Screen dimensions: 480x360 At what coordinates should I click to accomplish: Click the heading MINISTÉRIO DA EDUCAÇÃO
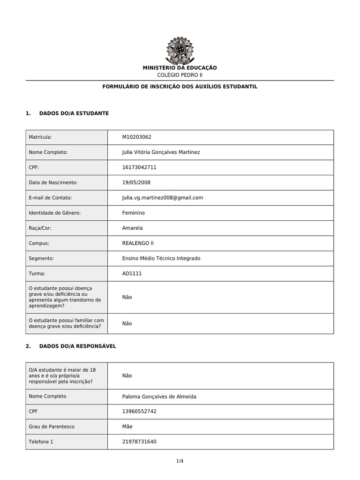point(180,68)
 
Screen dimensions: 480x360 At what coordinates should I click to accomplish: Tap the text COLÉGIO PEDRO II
point(180,75)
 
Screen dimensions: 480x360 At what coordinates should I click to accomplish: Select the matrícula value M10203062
point(136,137)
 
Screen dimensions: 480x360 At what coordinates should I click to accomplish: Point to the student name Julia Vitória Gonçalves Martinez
point(161,152)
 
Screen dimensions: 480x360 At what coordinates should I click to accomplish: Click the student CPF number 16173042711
point(139,167)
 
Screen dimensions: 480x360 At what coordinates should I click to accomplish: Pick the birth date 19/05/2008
point(136,182)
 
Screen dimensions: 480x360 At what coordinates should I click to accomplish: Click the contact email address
point(162,198)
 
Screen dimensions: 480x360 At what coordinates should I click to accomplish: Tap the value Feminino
point(133,213)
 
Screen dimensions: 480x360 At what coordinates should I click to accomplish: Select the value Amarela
point(132,228)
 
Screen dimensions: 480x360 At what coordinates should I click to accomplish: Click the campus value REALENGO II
point(137,243)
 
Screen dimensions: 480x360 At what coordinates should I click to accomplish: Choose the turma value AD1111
point(132,273)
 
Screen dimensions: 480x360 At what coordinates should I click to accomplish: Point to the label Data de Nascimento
point(53,182)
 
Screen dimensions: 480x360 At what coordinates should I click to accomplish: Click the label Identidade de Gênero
point(55,213)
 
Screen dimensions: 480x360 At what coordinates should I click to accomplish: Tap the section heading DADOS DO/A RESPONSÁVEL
point(77,346)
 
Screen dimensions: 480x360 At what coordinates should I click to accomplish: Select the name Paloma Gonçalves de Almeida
point(159,397)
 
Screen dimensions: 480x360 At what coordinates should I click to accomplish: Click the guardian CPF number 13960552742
point(139,411)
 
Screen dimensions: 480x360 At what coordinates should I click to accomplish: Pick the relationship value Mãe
point(127,427)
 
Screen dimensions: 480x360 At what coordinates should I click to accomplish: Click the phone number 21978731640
point(139,442)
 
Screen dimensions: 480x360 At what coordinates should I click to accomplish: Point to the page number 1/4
point(180,461)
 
